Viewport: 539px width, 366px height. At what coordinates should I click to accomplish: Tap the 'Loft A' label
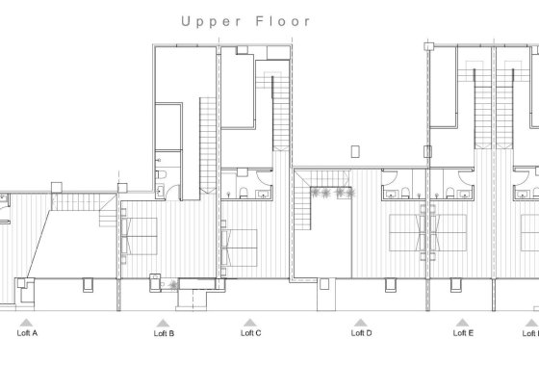(28, 333)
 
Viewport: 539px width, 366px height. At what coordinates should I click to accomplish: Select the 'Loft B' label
(164, 333)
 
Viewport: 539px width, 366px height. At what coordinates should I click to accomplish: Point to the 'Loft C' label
(251, 333)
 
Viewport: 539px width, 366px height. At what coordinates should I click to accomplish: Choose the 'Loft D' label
(361, 333)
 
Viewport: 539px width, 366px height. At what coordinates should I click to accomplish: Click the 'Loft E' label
(463, 333)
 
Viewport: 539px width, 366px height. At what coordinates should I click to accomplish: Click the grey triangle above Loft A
(28, 322)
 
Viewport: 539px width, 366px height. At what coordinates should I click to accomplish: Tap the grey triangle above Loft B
(164, 322)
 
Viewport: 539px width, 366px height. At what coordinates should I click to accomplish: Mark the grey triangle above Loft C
(251, 322)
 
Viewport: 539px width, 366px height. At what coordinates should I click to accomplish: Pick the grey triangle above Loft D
(361, 322)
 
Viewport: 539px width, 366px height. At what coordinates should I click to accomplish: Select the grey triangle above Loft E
(463, 322)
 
